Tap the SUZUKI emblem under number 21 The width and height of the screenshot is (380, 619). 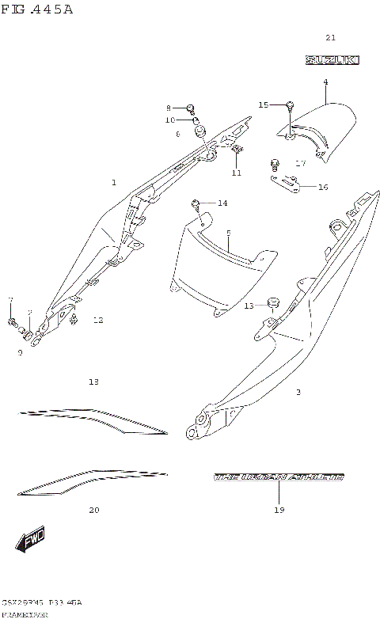[332, 59]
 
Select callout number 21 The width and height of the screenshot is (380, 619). [331, 38]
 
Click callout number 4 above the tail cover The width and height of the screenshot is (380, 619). [325, 82]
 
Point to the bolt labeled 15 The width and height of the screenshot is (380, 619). [291, 105]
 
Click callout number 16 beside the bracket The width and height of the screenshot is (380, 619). [322, 187]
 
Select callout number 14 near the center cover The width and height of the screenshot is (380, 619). [222, 203]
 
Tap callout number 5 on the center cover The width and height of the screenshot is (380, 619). [228, 234]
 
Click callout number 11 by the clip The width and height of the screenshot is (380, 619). [236, 173]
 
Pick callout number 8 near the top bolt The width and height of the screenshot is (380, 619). [168, 108]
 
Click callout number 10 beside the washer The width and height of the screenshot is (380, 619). [169, 120]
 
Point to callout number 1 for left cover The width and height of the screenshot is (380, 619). [113, 182]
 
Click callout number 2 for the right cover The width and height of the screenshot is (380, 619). [298, 392]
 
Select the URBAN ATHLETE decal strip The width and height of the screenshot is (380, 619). [279, 477]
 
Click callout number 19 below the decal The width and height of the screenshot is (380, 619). [279, 511]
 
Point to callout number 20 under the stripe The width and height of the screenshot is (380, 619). [93, 511]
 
